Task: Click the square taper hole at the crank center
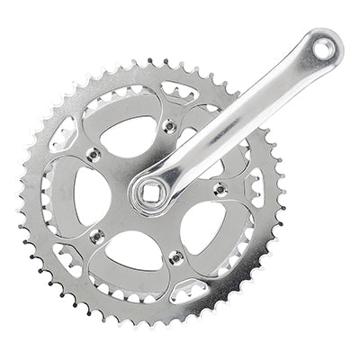[x=149, y=191]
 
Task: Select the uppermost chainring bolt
[x=168, y=126]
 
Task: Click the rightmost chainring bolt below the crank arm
[x=219, y=190]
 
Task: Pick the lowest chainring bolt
[x=176, y=257]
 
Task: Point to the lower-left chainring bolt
[x=97, y=236]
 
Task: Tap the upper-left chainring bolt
[x=91, y=156]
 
